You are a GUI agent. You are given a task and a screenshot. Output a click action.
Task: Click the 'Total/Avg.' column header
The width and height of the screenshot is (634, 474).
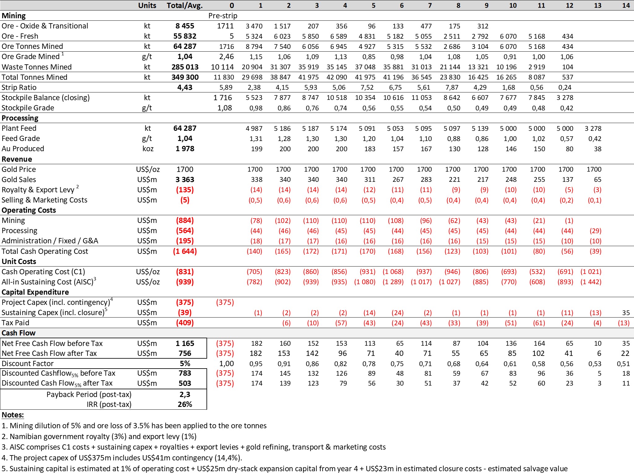[185, 5]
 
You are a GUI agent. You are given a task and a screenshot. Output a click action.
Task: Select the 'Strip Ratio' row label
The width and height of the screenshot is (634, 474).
[19, 88]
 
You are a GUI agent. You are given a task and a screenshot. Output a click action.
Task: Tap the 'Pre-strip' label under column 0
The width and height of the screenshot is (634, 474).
[223, 16]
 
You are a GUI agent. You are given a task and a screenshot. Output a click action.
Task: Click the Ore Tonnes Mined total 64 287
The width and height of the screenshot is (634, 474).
[185, 46]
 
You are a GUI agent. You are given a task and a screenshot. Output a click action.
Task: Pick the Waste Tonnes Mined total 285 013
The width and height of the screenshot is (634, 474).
[185, 67]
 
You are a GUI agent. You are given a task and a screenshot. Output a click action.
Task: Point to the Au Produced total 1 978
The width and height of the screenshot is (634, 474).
[185, 149]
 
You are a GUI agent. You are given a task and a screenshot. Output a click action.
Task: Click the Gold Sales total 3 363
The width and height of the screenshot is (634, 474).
[185, 180]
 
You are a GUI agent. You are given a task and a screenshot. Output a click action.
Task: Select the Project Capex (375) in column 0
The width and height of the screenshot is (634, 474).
[225, 302]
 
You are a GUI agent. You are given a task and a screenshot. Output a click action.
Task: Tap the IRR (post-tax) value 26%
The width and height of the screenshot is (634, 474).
[185, 404]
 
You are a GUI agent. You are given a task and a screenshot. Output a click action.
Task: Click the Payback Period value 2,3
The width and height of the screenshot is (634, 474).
[185, 395]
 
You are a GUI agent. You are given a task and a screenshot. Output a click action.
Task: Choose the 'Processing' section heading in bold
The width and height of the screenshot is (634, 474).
[20, 118]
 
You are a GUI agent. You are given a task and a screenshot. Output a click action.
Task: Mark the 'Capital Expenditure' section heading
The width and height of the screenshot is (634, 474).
[35, 292]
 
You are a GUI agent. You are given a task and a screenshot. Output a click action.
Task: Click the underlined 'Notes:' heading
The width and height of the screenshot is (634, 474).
[13, 415]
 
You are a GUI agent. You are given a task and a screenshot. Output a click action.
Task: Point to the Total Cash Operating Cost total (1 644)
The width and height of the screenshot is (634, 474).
[185, 251]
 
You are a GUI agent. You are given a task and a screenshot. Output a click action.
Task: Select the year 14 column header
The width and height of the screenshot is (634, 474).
[626, 5]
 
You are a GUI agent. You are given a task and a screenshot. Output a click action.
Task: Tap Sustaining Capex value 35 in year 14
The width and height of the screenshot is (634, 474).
[626, 313]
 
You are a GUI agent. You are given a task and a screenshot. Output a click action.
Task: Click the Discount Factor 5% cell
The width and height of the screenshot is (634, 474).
[185, 364]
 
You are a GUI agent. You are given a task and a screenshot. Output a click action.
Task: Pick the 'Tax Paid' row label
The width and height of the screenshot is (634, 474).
[15, 323]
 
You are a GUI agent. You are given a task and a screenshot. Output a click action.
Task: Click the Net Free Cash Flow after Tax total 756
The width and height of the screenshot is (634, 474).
[185, 353]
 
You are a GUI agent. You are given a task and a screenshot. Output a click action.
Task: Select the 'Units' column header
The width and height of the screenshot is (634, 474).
[147, 5]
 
